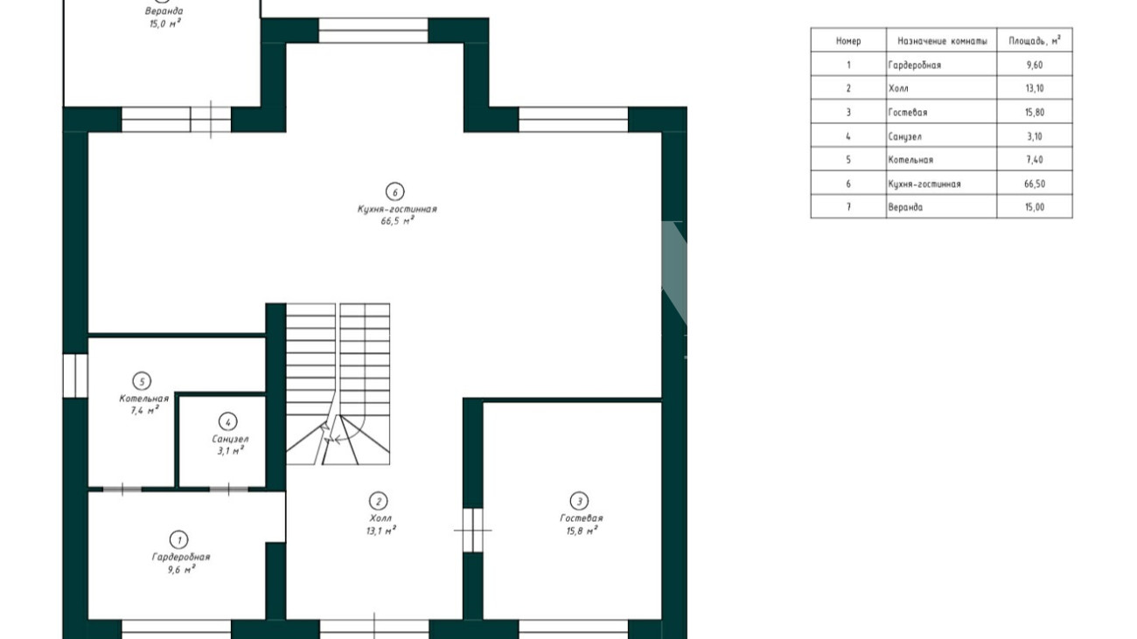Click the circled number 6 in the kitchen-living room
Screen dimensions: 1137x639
click(x=395, y=191)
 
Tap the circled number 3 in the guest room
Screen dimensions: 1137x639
click(x=579, y=501)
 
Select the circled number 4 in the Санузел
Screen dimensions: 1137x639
click(x=228, y=421)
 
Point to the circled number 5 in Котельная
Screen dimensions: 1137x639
click(x=142, y=381)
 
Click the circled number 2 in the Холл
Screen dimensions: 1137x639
click(x=378, y=501)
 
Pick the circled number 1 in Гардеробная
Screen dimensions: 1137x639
click(x=178, y=539)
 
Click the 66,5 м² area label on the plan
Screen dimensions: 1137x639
click(x=397, y=220)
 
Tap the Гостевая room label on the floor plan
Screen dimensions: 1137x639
click(x=582, y=517)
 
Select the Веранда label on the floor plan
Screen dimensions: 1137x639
click(x=164, y=10)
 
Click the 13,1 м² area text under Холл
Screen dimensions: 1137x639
click(x=380, y=531)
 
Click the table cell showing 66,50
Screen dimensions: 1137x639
click(x=1035, y=184)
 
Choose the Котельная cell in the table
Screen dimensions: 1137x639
click(x=942, y=160)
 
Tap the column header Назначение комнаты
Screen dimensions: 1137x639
click(x=942, y=40)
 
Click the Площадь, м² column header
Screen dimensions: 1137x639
click(x=1035, y=40)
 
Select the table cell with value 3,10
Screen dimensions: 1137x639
click(x=1035, y=135)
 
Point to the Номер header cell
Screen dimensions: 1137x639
click(x=848, y=40)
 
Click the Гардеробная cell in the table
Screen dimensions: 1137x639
click(x=942, y=65)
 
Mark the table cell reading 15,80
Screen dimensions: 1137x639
click(x=1035, y=112)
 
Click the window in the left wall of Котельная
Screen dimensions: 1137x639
click(x=75, y=375)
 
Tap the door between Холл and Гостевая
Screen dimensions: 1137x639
click(x=472, y=530)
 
